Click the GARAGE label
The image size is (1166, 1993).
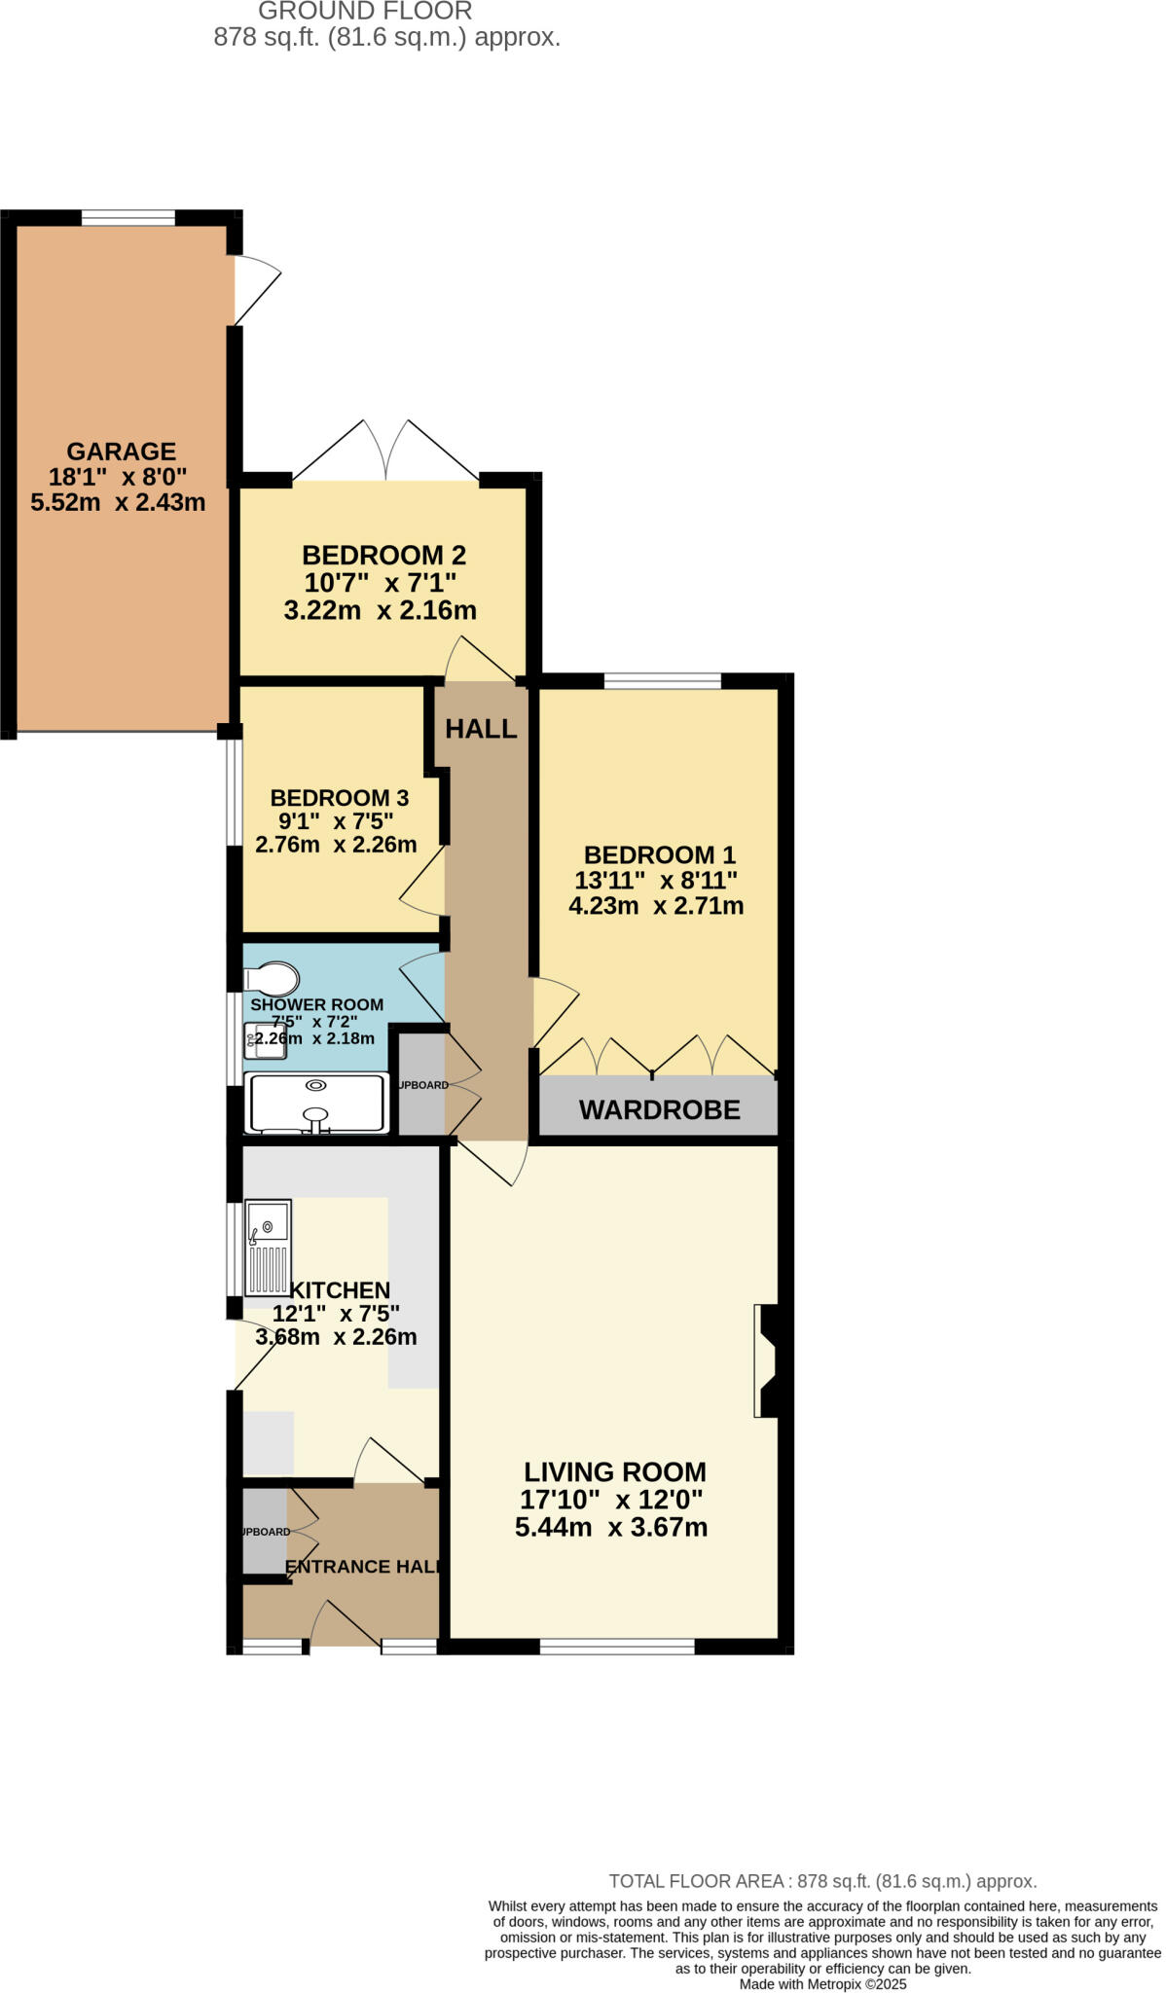[121, 452]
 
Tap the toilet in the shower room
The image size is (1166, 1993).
[272, 979]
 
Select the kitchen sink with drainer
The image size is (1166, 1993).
[268, 1248]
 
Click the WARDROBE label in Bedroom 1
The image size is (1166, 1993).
[659, 1109]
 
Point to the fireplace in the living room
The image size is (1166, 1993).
[767, 1360]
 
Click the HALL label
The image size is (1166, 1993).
[481, 729]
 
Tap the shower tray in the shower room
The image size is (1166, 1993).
[316, 1104]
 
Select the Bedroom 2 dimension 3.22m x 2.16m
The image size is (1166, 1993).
[380, 611]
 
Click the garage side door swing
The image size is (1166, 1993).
[257, 288]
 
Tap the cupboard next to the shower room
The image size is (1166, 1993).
[421, 1085]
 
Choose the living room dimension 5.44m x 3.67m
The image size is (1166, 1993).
[611, 1527]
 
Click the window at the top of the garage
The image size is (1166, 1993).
[128, 218]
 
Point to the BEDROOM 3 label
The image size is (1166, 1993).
[339, 798]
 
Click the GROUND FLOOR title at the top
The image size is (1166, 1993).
[365, 12]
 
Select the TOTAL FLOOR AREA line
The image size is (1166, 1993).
[822, 1881]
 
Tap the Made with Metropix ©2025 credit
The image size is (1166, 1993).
[822, 1984]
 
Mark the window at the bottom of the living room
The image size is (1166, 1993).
[617, 1647]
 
